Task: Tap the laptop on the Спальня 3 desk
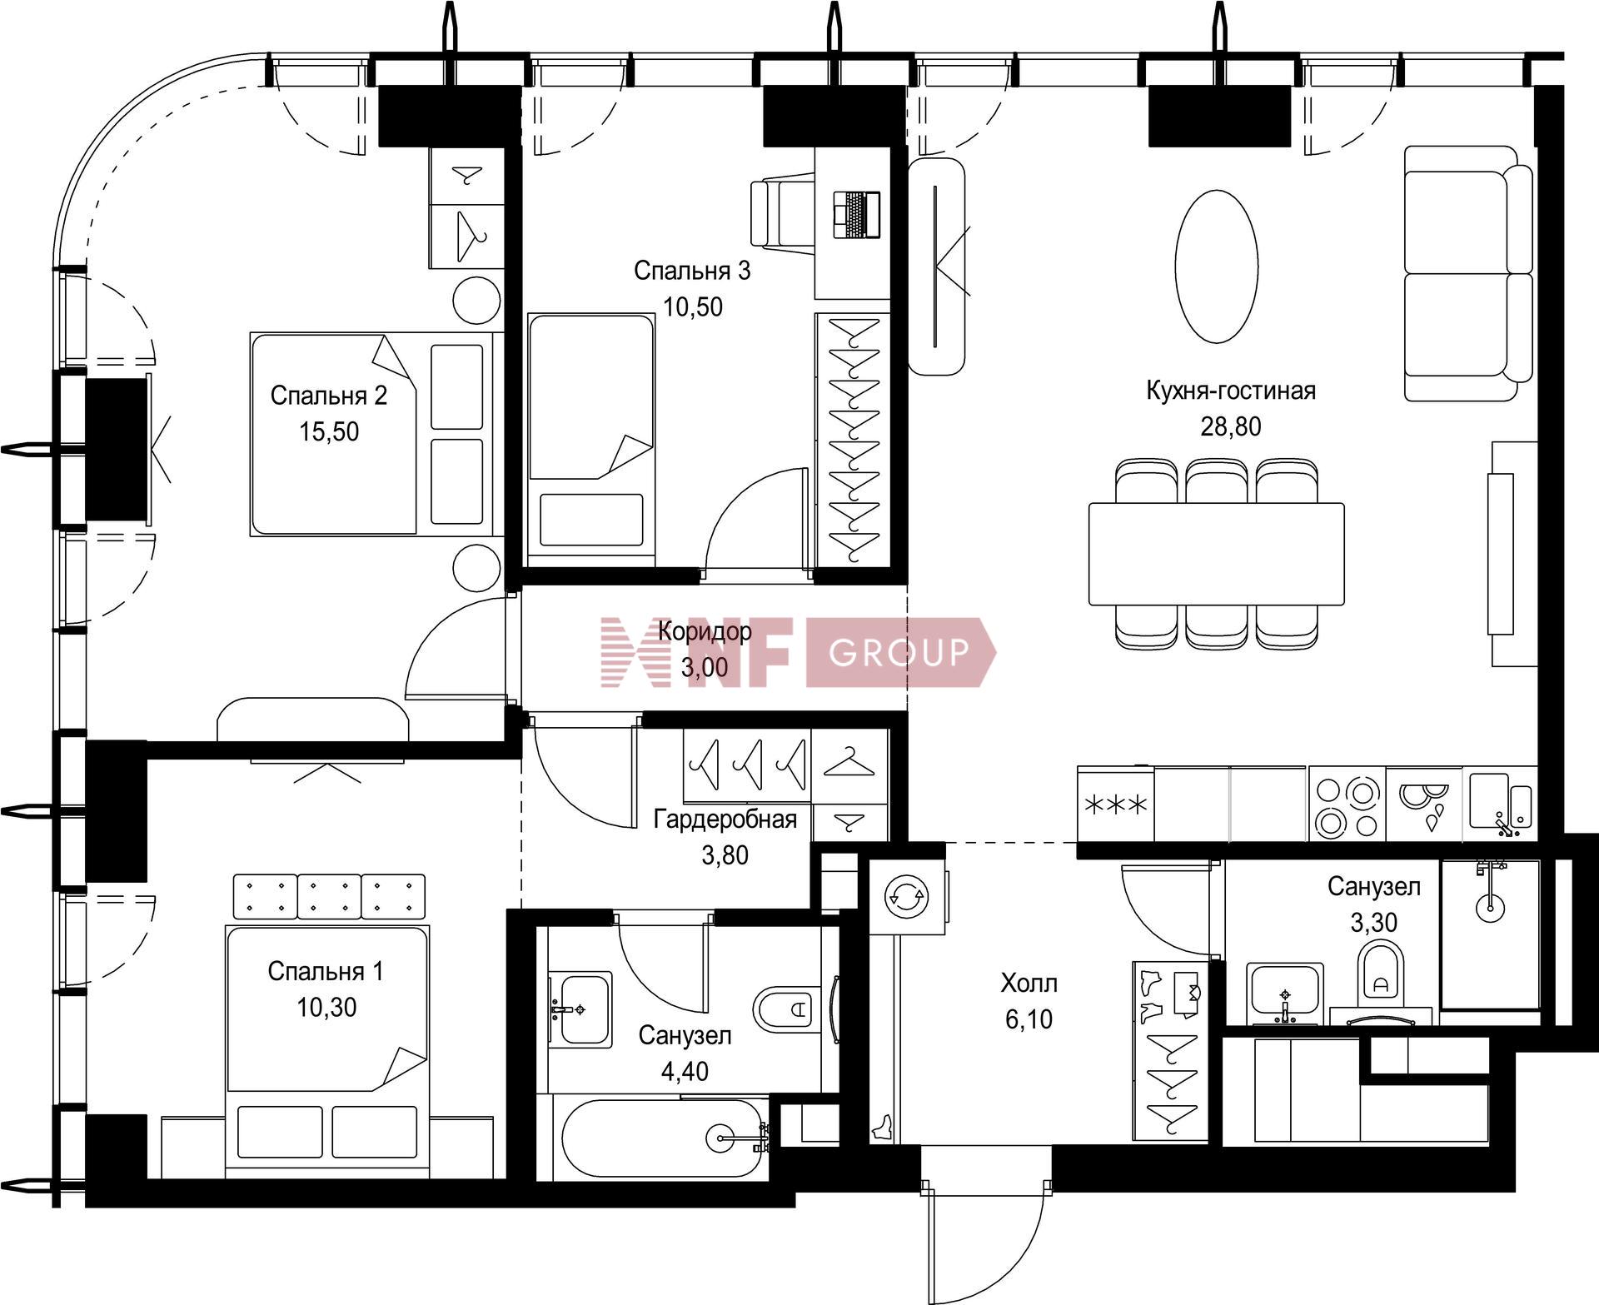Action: click(856, 214)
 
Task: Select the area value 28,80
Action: click(1230, 426)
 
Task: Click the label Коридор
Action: click(705, 630)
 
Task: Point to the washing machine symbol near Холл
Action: click(907, 896)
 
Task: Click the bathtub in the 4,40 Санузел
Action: click(663, 1137)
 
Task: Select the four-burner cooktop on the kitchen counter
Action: click(1347, 804)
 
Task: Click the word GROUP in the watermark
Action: click(899, 652)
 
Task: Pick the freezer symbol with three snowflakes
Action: click(1115, 804)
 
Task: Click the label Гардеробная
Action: click(725, 819)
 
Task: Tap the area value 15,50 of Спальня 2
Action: click(329, 431)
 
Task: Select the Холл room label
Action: click(1029, 984)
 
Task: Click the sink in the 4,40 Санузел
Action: click(580, 1009)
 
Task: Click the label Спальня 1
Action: click(326, 971)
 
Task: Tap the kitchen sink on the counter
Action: click(1501, 804)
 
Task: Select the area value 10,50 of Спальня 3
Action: click(693, 306)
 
